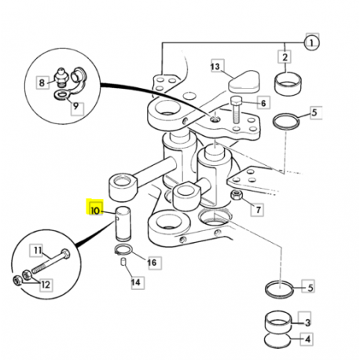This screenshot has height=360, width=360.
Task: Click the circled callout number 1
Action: click(x=311, y=42)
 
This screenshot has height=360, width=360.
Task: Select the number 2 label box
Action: click(x=285, y=57)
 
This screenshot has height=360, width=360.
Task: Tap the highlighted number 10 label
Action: click(x=95, y=208)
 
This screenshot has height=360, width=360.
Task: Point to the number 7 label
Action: click(x=257, y=210)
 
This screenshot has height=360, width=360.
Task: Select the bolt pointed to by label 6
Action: click(x=236, y=110)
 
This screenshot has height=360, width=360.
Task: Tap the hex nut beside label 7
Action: click(x=236, y=196)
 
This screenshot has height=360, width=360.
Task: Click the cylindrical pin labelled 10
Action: click(x=123, y=223)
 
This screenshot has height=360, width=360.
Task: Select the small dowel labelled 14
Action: click(x=123, y=262)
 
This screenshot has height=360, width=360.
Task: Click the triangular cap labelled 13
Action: click(x=244, y=81)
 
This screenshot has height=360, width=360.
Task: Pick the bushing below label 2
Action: click(x=288, y=83)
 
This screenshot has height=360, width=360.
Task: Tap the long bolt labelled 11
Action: click(x=51, y=261)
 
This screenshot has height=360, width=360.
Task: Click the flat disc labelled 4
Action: click(x=277, y=341)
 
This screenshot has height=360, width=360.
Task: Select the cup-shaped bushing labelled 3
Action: click(x=278, y=323)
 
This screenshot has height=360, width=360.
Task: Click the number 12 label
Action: click(x=46, y=285)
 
